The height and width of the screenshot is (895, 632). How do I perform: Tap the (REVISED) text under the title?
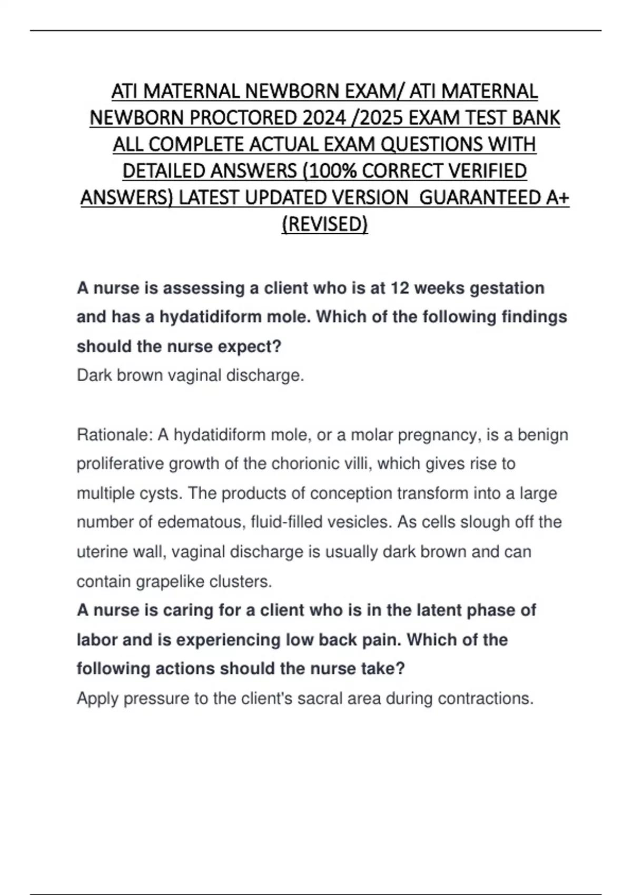(x=324, y=224)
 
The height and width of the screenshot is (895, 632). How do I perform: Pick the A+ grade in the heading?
(x=557, y=197)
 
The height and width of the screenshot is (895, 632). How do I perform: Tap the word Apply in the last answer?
(x=97, y=699)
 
